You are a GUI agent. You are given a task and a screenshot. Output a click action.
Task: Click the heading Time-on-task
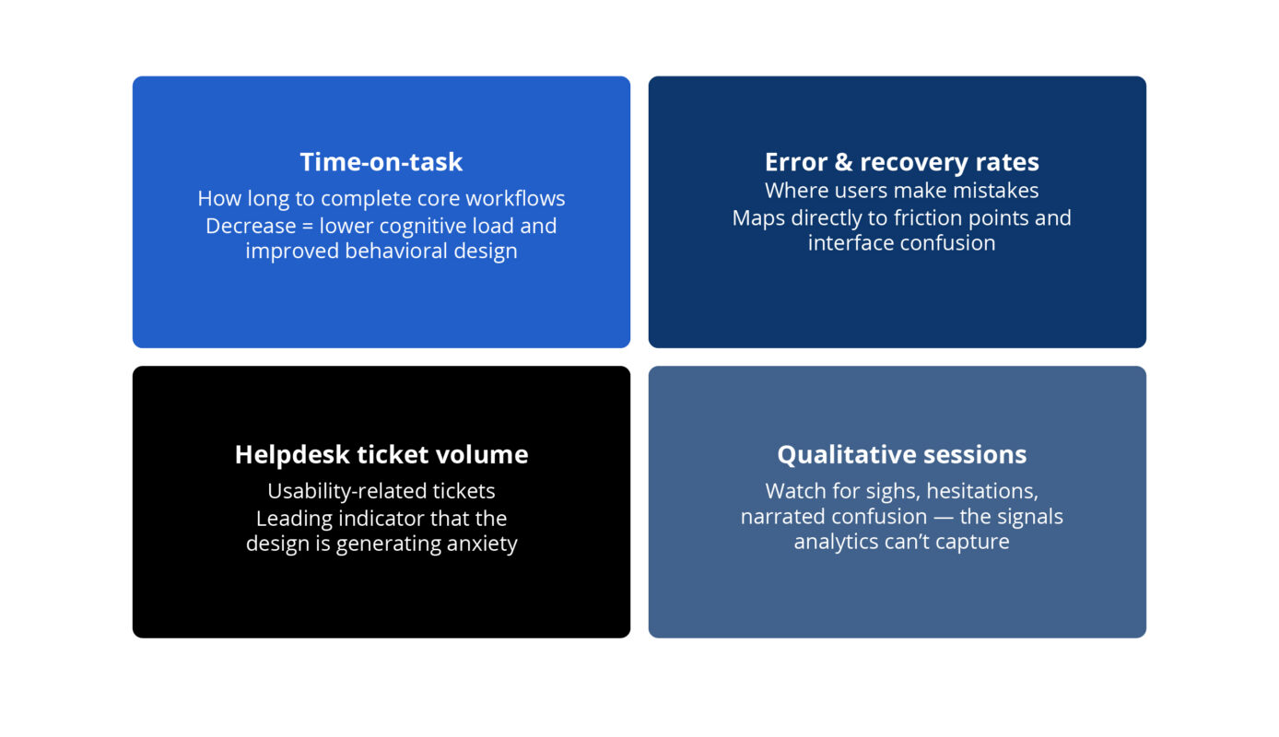point(381,161)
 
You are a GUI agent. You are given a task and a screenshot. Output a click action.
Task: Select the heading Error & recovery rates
point(901,162)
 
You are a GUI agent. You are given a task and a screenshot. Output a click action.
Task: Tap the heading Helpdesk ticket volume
point(381,454)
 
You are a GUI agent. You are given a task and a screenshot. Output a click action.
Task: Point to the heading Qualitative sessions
point(901,454)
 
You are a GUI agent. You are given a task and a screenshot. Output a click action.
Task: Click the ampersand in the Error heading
point(843,162)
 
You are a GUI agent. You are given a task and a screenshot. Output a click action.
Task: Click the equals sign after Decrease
point(308,226)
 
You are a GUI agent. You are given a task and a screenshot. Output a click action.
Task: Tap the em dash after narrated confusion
point(944,517)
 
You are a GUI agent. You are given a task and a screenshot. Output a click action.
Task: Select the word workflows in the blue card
point(515,198)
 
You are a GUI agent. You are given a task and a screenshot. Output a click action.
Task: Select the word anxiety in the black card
point(482,544)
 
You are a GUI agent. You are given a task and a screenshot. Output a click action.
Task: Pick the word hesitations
point(982,492)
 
